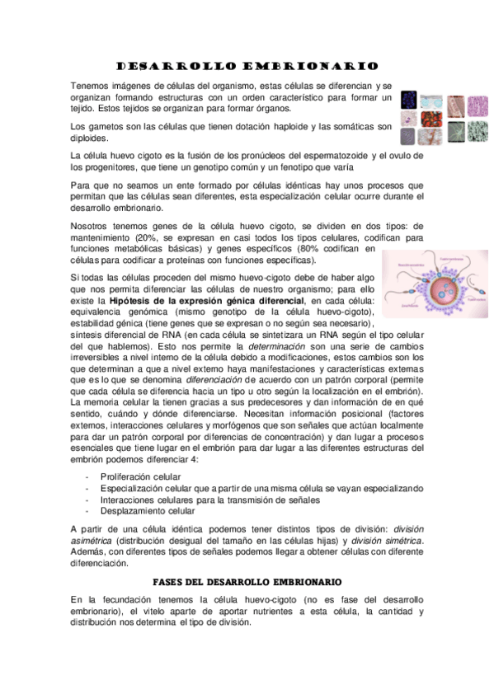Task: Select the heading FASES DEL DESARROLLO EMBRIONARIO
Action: tap(247, 582)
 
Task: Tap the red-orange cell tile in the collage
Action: tap(435, 120)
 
